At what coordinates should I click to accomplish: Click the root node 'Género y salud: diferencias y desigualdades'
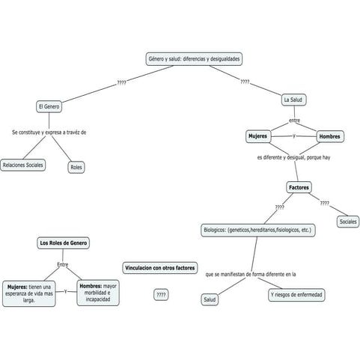[x=194, y=59]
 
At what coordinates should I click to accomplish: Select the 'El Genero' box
[x=49, y=107]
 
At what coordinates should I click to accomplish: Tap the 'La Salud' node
[x=293, y=100]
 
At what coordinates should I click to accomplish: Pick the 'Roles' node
[x=76, y=168]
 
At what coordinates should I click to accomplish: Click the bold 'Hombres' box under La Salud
[x=329, y=136]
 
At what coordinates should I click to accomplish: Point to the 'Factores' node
[x=299, y=187]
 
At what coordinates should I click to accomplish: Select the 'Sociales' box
[x=348, y=222]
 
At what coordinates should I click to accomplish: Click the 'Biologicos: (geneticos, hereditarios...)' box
[x=257, y=230]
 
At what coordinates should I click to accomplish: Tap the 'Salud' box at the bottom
[x=210, y=299]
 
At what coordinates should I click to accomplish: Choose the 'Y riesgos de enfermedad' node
[x=297, y=295]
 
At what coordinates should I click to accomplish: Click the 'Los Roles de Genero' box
[x=63, y=243]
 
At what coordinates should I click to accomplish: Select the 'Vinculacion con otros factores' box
[x=160, y=267]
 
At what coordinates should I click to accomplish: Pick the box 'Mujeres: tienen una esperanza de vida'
[x=29, y=292]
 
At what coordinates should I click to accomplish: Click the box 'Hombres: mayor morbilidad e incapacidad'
[x=98, y=292]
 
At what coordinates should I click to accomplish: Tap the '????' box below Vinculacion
[x=160, y=295]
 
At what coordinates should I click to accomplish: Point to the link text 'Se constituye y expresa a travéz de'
[x=49, y=132]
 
